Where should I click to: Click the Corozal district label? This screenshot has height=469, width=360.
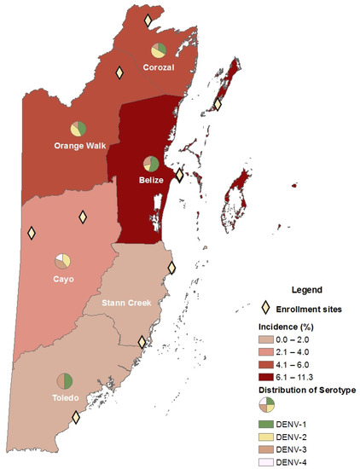[x=158, y=67]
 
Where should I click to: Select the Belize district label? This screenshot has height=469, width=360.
[x=150, y=180]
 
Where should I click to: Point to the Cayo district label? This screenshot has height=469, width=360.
[x=63, y=279]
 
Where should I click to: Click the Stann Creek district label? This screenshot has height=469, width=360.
[x=125, y=304]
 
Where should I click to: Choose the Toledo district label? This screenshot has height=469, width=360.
[x=65, y=398]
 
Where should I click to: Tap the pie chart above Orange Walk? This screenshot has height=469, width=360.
[x=78, y=129]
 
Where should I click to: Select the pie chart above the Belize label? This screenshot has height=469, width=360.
[x=151, y=164]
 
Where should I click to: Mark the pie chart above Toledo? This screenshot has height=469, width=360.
[x=65, y=381]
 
